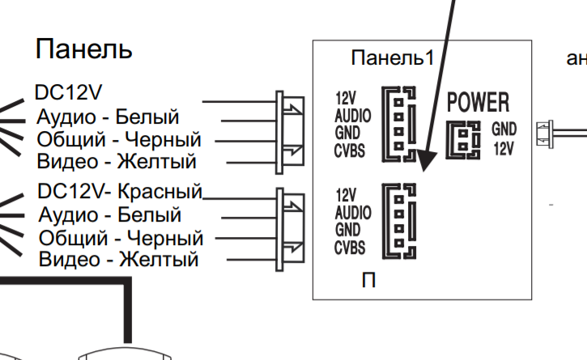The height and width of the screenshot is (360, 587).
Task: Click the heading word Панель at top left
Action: [x=83, y=49]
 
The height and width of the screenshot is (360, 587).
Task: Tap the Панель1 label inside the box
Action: [x=393, y=58]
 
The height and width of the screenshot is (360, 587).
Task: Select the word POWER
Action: [x=479, y=102]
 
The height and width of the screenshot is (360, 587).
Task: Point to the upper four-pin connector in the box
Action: [x=399, y=125]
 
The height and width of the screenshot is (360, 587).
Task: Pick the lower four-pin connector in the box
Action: [x=399, y=220]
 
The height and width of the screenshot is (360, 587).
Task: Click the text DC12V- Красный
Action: [x=120, y=193]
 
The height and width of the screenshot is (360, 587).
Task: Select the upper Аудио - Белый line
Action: [x=108, y=117]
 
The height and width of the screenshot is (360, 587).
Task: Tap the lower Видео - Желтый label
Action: [x=119, y=260]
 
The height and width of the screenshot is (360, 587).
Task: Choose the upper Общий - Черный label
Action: [x=118, y=139]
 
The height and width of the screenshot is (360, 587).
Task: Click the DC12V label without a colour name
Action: [x=69, y=92]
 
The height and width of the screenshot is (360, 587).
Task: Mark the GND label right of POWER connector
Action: [x=503, y=129]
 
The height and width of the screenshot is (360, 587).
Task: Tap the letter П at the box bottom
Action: [x=368, y=282]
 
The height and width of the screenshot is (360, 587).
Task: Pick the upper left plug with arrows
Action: [x=289, y=129]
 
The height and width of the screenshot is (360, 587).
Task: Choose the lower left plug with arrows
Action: [x=289, y=226]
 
